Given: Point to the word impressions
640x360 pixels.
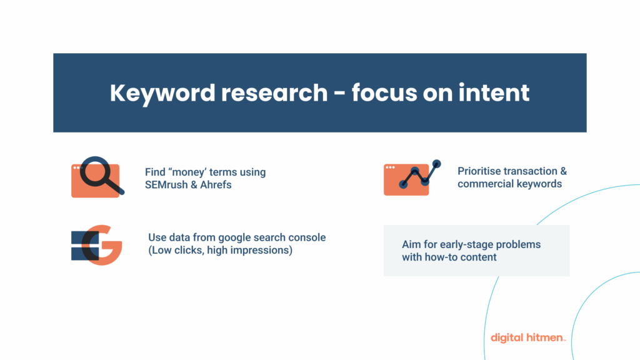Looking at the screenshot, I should tap(261, 251).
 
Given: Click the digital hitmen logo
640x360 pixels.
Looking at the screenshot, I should tap(528, 337).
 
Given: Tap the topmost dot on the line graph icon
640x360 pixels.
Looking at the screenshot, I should tap(436, 164).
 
